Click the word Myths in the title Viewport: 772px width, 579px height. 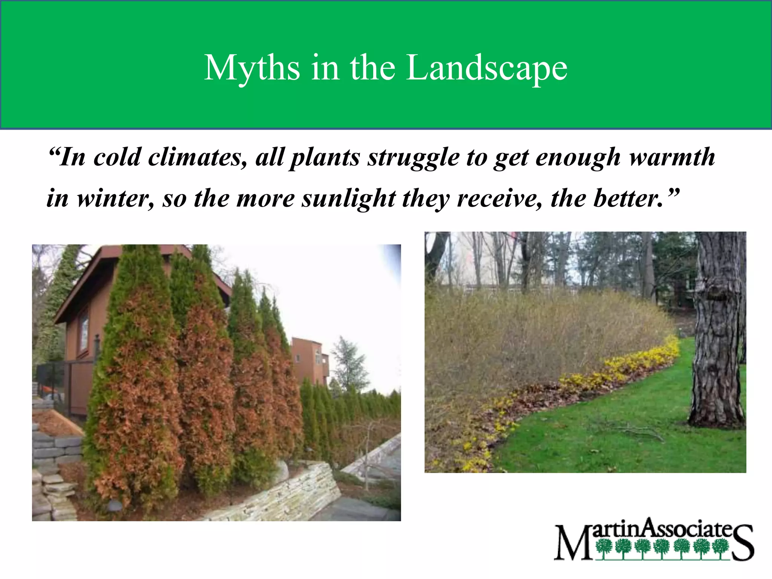coord(252,68)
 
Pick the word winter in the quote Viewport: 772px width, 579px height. coord(115,199)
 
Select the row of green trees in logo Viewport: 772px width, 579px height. coord(662,548)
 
